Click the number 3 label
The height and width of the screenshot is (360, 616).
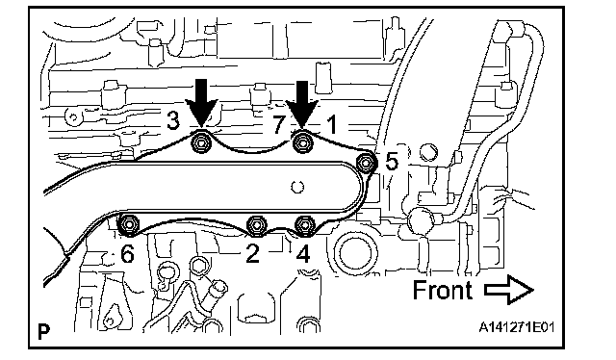[x=173, y=120]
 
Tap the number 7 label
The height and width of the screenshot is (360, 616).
[x=278, y=124]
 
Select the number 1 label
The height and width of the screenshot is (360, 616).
[x=332, y=124]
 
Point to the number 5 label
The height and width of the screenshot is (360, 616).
[x=392, y=161]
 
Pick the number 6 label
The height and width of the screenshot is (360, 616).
[x=127, y=254]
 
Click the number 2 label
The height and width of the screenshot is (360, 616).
[x=252, y=254]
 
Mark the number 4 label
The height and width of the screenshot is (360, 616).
[x=302, y=254]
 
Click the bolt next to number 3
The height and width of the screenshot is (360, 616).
[x=201, y=143]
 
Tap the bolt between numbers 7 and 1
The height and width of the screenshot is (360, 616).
[x=302, y=142]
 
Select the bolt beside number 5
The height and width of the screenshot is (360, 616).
[x=366, y=162]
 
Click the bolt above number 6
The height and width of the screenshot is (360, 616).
[x=129, y=225]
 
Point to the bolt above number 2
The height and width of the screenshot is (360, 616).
[x=257, y=225]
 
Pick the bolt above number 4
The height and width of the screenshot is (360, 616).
[x=305, y=225]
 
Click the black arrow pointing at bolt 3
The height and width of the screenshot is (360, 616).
[x=201, y=104]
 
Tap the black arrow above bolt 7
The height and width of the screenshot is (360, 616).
[x=302, y=105]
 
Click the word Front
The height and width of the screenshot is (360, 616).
[x=443, y=290]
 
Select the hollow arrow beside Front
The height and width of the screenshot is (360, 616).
[x=509, y=290]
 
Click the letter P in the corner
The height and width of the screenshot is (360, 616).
[x=44, y=332]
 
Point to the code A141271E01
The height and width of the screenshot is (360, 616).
[x=516, y=327]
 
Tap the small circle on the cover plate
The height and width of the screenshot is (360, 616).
[x=297, y=187]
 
